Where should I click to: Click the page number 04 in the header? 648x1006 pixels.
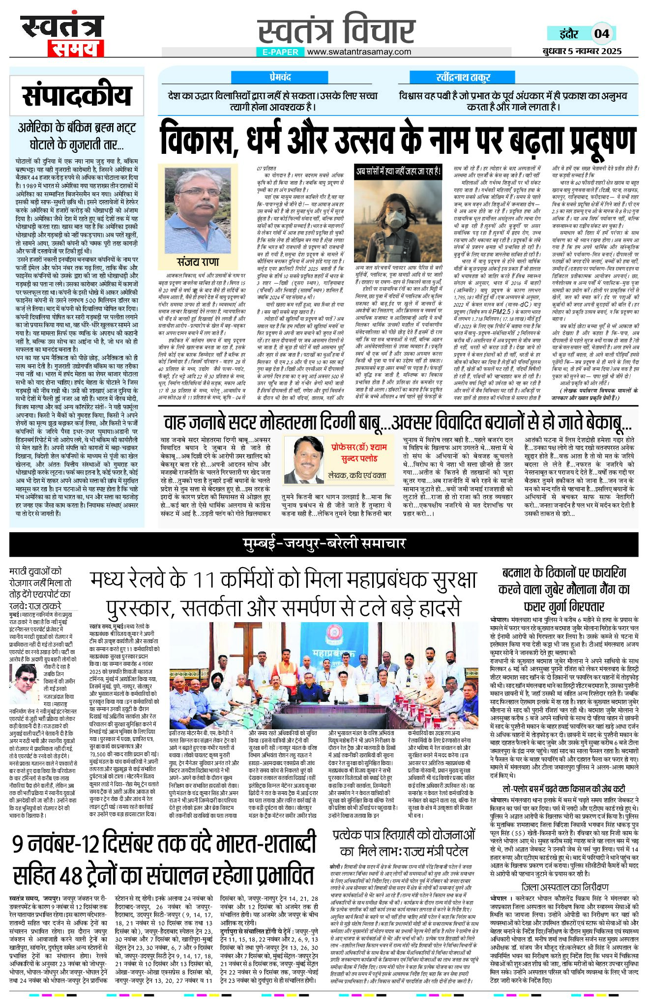pyautogui.click(x=601, y=33)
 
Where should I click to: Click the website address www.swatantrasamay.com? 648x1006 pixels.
pyautogui.click(x=359, y=52)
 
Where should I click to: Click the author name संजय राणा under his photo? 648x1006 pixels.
pyautogui.click(x=198, y=261)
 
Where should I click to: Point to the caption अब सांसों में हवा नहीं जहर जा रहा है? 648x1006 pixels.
pyautogui.click(x=399, y=172)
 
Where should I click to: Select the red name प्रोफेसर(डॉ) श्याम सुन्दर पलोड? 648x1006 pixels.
pyautogui.click(x=358, y=453)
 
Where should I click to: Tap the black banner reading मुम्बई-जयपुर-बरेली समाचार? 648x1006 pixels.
pyautogui.click(x=324, y=543)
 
